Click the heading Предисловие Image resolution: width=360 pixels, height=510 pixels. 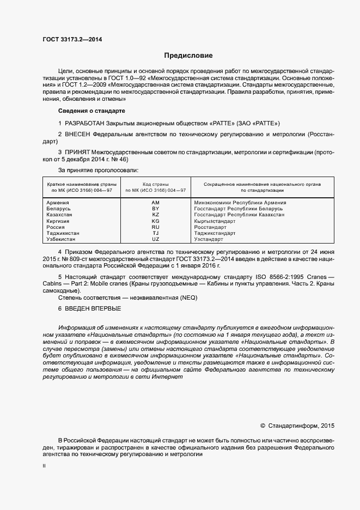(188, 56)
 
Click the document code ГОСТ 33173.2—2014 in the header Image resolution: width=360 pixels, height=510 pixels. (72, 40)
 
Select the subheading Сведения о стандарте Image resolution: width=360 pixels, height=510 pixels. (88, 111)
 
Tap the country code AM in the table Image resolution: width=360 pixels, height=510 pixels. (155, 203)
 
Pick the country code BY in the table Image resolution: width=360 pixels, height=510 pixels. (155, 209)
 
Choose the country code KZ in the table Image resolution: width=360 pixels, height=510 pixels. (155, 215)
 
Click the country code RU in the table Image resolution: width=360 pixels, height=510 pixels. (155, 227)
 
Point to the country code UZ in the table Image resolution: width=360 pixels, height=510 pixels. (155, 239)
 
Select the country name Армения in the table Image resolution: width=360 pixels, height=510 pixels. (58, 203)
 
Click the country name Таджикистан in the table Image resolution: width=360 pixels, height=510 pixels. (63, 233)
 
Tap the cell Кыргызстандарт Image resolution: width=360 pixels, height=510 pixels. (215, 221)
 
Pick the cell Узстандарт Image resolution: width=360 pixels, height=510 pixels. (209, 239)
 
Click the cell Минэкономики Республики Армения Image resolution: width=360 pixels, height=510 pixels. (240, 203)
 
